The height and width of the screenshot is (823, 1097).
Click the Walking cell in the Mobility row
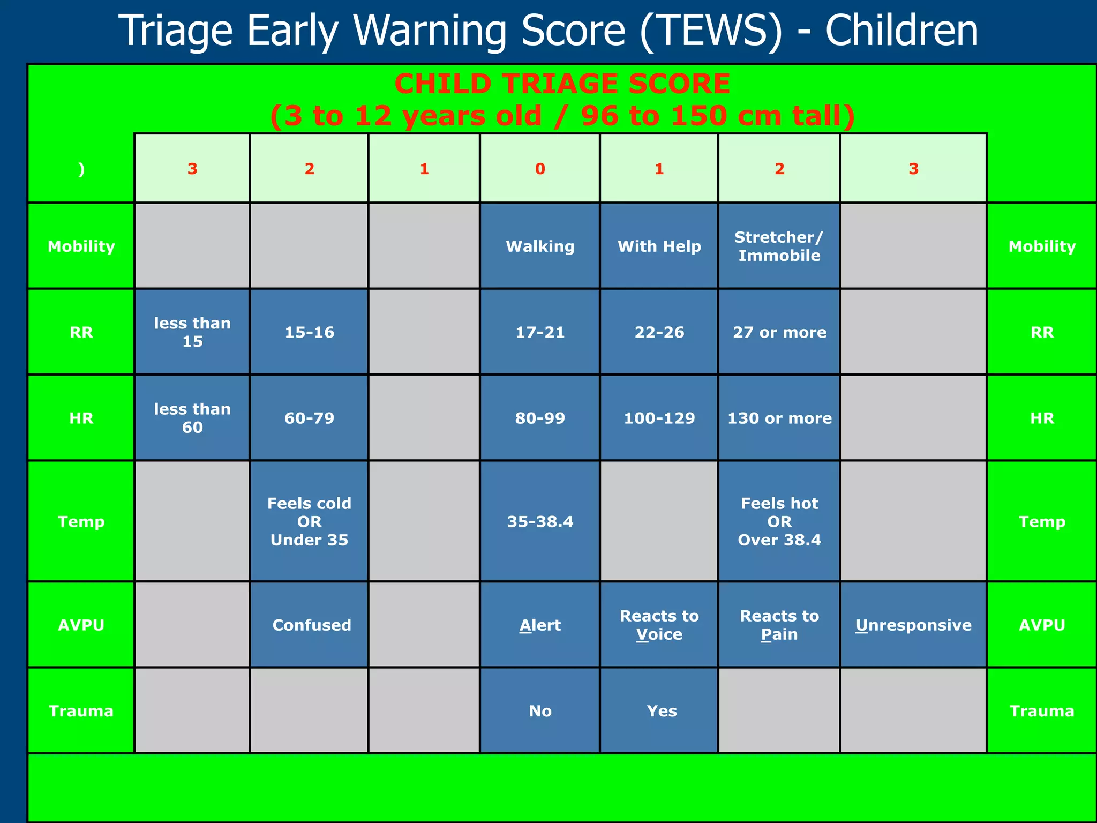[x=540, y=246]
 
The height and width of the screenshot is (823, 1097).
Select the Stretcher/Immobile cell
[x=779, y=246]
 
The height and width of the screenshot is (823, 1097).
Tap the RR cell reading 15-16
[x=309, y=332]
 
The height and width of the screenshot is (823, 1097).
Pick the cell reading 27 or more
[x=779, y=332]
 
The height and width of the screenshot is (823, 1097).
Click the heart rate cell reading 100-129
[x=659, y=418]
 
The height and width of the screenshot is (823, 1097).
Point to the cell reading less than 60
[x=192, y=418]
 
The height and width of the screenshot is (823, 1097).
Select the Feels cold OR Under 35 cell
[x=309, y=521]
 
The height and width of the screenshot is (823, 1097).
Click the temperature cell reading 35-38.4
[x=540, y=521]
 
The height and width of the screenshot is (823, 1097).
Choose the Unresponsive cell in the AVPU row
[x=913, y=625]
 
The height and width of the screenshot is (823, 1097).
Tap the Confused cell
[x=311, y=625]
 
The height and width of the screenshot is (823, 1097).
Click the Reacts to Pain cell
[x=779, y=625]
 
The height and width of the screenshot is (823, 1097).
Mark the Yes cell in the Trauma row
[x=662, y=711]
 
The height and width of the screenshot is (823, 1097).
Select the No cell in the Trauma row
[x=540, y=711]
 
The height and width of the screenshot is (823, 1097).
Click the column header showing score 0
[x=540, y=169]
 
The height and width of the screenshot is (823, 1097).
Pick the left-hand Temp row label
[x=81, y=521]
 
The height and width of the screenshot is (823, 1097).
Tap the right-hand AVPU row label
[x=1041, y=625]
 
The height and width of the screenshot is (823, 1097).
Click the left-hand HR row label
[x=81, y=418]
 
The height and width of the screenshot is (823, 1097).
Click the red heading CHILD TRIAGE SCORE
[x=562, y=84]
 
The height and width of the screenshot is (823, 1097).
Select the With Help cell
[x=659, y=246]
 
